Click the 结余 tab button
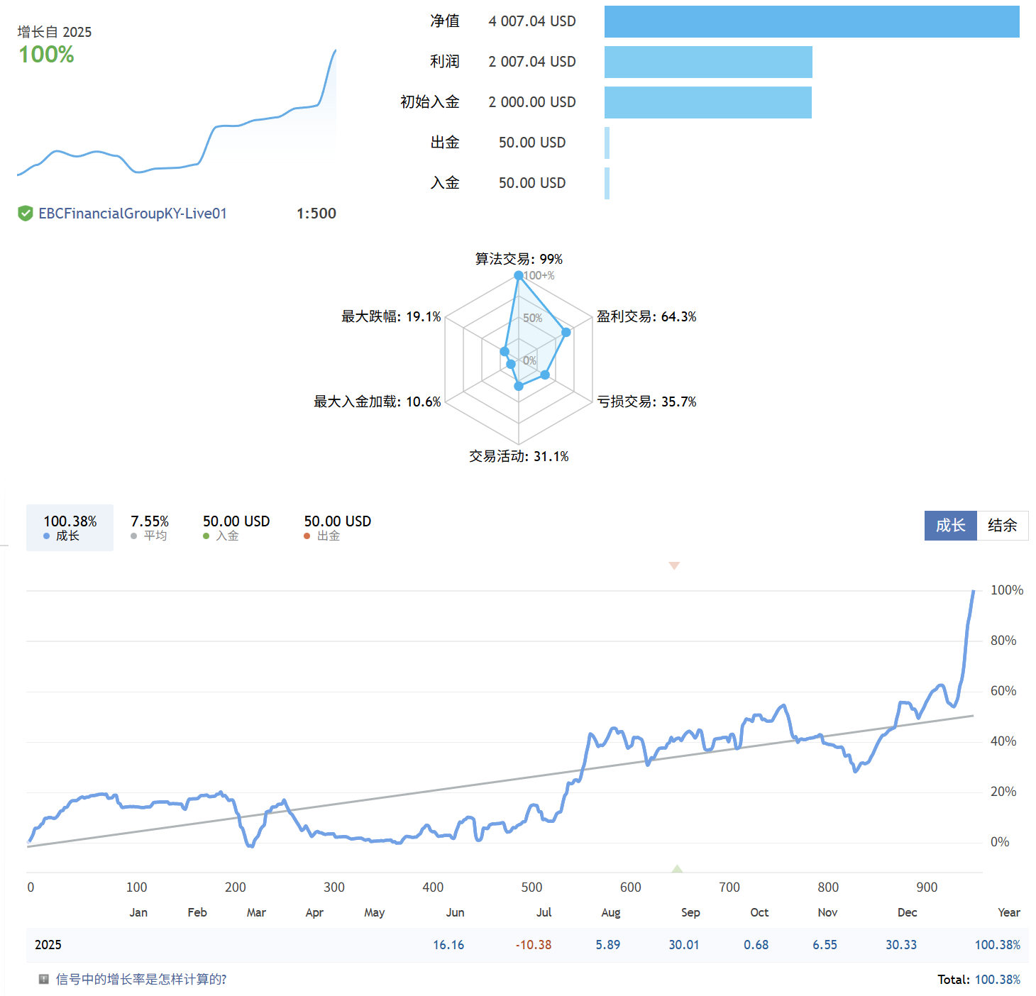pos(1002,526)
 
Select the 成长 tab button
pos(950,526)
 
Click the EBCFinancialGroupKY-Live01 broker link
pos(133,214)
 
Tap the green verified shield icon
pos(26,214)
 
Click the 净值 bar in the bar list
pos(811,22)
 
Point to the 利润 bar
pos(707,62)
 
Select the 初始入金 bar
pos(707,103)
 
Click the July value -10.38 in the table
pos(534,945)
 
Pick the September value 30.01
pos(683,945)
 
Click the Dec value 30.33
pos(900,945)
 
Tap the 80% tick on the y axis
pos(1003,641)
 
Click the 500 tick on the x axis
pos(531,887)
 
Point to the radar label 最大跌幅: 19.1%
pos(391,316)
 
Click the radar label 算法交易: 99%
pos(519,259)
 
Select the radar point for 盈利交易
pos(566,332)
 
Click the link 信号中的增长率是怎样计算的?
pos(141,980)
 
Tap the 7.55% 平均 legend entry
pos(150,527)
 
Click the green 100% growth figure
pos(46,55)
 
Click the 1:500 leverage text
pos(316,214)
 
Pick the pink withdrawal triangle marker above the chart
pos(674,565)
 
